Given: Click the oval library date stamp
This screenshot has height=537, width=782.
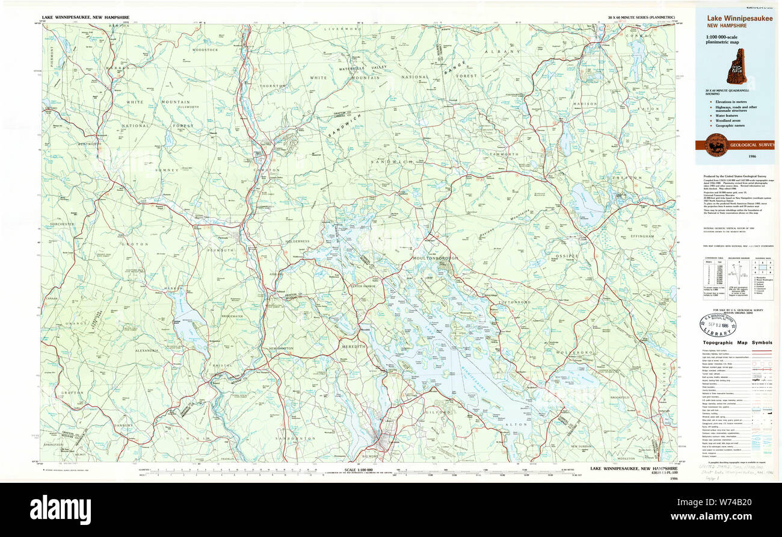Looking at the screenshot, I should pos(718,324).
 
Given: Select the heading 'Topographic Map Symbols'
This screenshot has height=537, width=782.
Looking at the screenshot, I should pos(737,343).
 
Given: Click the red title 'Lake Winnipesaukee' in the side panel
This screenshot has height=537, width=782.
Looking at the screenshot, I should pos(740,18).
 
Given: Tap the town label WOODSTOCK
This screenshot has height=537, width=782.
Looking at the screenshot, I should pos(205,49).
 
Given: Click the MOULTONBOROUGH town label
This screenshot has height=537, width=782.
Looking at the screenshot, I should pos(435,258).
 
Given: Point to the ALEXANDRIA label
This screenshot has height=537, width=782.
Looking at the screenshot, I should pos(147,350).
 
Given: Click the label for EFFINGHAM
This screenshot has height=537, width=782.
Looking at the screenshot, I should pos(642,237).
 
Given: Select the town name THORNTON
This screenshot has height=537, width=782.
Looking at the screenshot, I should pos(272,86).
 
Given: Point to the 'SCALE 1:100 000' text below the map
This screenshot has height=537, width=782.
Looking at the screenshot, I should pos(359,469).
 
